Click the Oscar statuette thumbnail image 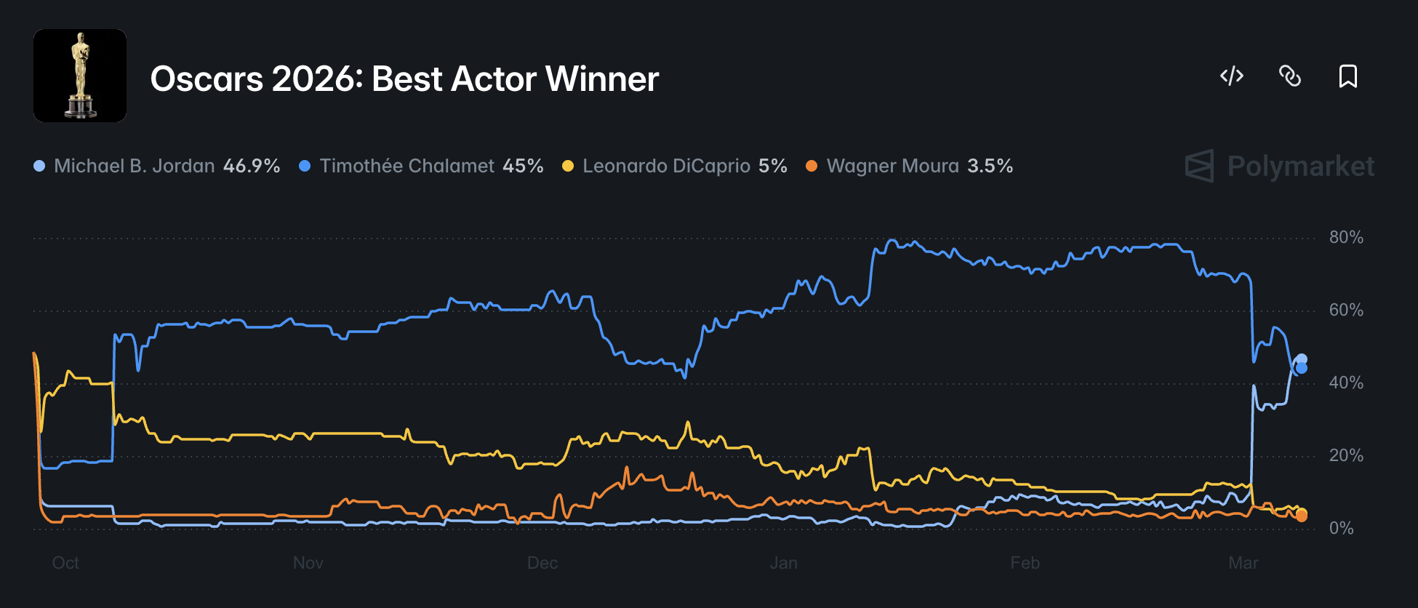point(80,76)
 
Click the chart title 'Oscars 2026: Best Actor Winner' point(404,79)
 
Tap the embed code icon point(1232,76)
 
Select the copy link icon point(1290,76)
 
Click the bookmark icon point(1347,76)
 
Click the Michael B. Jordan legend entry point(134,166)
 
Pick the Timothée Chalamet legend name point(406,166)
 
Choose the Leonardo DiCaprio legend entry point(666,166)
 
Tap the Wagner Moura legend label point(892,166)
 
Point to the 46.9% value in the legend point(252,166)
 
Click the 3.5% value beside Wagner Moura point(990,166)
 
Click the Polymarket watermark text point(1300,166)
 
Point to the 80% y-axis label point(1345,237)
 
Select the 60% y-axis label point(1345,310)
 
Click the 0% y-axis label point(1341,528)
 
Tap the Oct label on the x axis point(65,563)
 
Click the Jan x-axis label point(783,563)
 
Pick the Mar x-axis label point(1243,563)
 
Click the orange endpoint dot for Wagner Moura point(1302,516)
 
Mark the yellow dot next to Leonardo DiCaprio point(568,167)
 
